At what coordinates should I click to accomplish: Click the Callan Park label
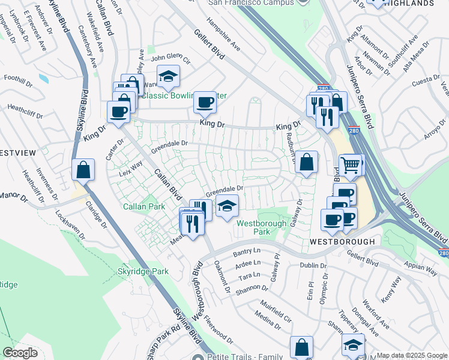click(x=144, y=206)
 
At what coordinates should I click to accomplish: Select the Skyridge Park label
click(x=143, y=271)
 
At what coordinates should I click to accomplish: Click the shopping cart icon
click(x=351, y=163)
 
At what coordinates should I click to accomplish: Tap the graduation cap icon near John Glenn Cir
click(x=169, y=76)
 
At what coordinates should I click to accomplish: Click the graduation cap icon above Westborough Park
click(x=227, y=206)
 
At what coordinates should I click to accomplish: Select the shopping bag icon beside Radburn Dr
click(x=306, y=161)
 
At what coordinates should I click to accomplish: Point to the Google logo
click(x=20, y=353)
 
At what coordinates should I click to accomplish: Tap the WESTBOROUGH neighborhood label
click(x=342, y=241)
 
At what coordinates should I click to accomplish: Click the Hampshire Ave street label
click(x=223, y=35)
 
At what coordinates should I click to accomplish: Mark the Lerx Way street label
click(x=130, y=167)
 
